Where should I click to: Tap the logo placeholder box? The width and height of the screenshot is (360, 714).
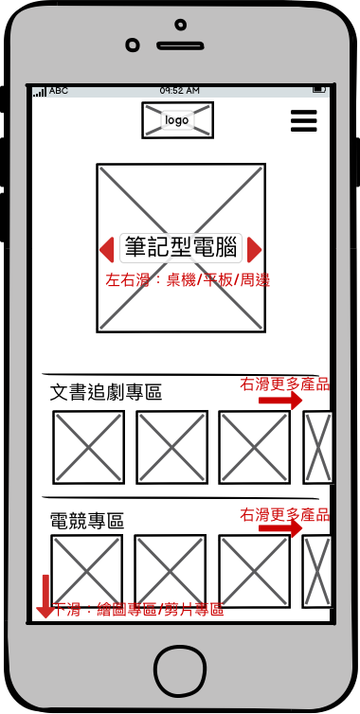tap(177, 119)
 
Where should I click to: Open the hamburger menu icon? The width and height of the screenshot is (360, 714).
tap(303, 120)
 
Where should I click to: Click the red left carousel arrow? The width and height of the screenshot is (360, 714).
tap(107, 250)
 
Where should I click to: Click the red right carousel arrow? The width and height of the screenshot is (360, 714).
tap(254, 250)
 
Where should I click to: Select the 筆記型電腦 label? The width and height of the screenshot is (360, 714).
tap(181, 248)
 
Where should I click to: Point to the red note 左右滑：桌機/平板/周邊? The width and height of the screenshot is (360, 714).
tap(188, 280)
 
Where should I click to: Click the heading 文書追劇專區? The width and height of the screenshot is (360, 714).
tap(106, 393)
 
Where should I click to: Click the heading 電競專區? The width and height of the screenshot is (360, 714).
tap(86, 521)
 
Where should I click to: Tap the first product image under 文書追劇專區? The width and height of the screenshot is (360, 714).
tap(88, 447)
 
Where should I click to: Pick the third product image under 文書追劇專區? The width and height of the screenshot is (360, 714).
tap(254, 447)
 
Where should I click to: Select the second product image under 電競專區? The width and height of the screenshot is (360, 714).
tap(170, 571)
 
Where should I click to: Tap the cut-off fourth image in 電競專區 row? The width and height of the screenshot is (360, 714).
tap(317, 571)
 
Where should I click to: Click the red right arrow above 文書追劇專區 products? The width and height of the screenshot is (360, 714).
tap(280, 401)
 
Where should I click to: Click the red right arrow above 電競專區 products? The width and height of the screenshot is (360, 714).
tap(280, 528)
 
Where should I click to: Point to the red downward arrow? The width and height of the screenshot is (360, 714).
tap(45, 596)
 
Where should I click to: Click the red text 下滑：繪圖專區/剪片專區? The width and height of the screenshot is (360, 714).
tap(138, 610)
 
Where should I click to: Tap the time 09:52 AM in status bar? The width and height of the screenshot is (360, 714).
tap(180, 91)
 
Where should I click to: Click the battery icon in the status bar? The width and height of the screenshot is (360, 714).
tap(319, 90)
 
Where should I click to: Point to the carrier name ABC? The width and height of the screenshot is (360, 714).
tap(59, 91)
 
